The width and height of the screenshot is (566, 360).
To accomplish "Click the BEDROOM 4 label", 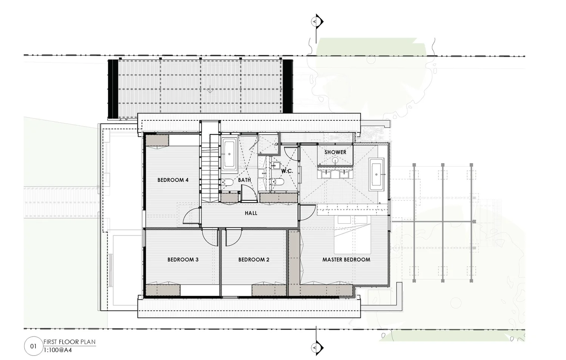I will [x=173, y=180].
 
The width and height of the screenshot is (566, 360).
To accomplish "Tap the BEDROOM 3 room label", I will [x=183, y=260].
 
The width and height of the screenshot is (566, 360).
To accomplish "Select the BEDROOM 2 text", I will [x=254, y=260].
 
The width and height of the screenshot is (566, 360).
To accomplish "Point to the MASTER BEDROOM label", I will [x=346, y=260].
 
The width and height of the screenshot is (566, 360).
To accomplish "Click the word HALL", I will [x=251, y=213].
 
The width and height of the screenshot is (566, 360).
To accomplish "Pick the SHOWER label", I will [x=335, y=152].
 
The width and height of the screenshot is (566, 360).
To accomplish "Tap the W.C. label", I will [x=287, y=171].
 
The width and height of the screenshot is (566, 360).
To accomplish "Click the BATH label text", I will [x=244, y=180].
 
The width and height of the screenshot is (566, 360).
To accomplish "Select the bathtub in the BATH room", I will [x=229, y=154].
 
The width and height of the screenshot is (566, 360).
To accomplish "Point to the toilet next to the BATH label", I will [x=228, y=183].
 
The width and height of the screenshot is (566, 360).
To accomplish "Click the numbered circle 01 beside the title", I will [x=33, y=346].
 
